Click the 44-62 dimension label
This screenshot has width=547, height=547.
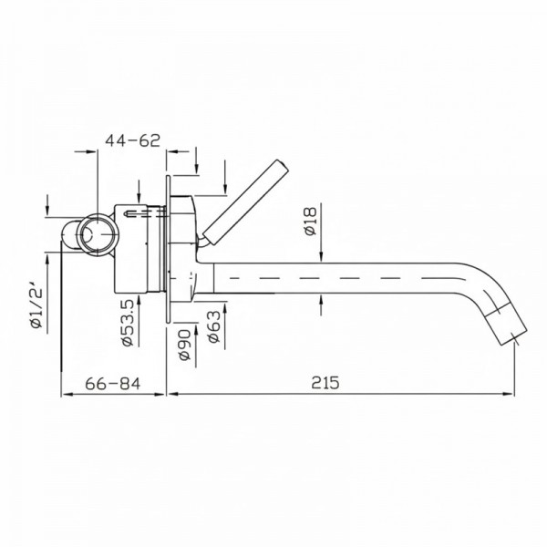click(132, 140)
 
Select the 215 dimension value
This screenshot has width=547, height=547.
click(325, 382)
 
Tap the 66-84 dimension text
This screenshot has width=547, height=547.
click(113, 384)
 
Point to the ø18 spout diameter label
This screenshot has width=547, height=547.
click(310, 222)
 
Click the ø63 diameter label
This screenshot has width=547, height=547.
click(214, 326)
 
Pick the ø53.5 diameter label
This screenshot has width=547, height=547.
click(128, 323)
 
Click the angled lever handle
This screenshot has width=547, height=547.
click(245, 201)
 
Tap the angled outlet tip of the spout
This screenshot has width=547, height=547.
click(506, 325)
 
